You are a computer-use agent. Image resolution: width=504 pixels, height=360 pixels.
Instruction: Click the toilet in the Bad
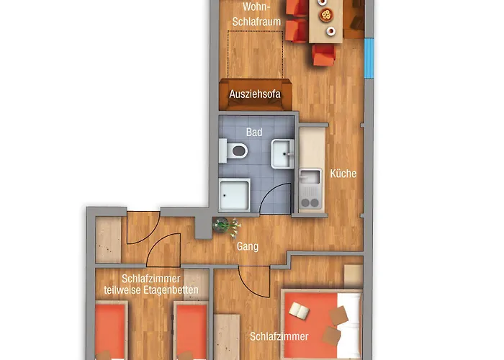click(233, 150)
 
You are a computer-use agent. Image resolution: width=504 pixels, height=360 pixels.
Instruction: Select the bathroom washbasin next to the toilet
click(283, 154)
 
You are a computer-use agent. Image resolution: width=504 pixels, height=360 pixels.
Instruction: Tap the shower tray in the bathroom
click(235, 195)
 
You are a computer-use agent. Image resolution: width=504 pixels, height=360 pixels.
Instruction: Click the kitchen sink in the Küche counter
click(310, 177)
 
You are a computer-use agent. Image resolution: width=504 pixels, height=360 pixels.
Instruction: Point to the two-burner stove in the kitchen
click(310, 203)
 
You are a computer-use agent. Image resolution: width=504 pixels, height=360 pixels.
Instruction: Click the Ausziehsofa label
click(255, 94)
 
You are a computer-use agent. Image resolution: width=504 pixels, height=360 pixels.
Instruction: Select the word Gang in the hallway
click(248, 246)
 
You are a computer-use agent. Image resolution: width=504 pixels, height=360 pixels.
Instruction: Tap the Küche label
click(343, 174)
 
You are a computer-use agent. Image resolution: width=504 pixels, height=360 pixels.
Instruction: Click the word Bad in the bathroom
click(254, 132)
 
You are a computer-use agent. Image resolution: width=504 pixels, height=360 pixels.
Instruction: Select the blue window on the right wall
click(369, 58)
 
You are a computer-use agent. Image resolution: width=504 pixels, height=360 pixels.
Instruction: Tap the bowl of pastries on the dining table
click(326, 14)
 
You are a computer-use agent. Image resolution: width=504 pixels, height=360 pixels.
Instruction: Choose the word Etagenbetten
click(171, 290)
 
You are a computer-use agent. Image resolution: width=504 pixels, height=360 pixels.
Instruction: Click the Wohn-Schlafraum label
click(256, 14)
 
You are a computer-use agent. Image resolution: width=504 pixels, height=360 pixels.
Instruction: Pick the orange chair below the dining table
click(324, 55)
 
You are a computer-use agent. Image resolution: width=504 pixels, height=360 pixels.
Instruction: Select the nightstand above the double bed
click(353, 276)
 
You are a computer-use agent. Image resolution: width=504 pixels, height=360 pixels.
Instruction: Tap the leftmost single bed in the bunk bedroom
click(111, 330)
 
